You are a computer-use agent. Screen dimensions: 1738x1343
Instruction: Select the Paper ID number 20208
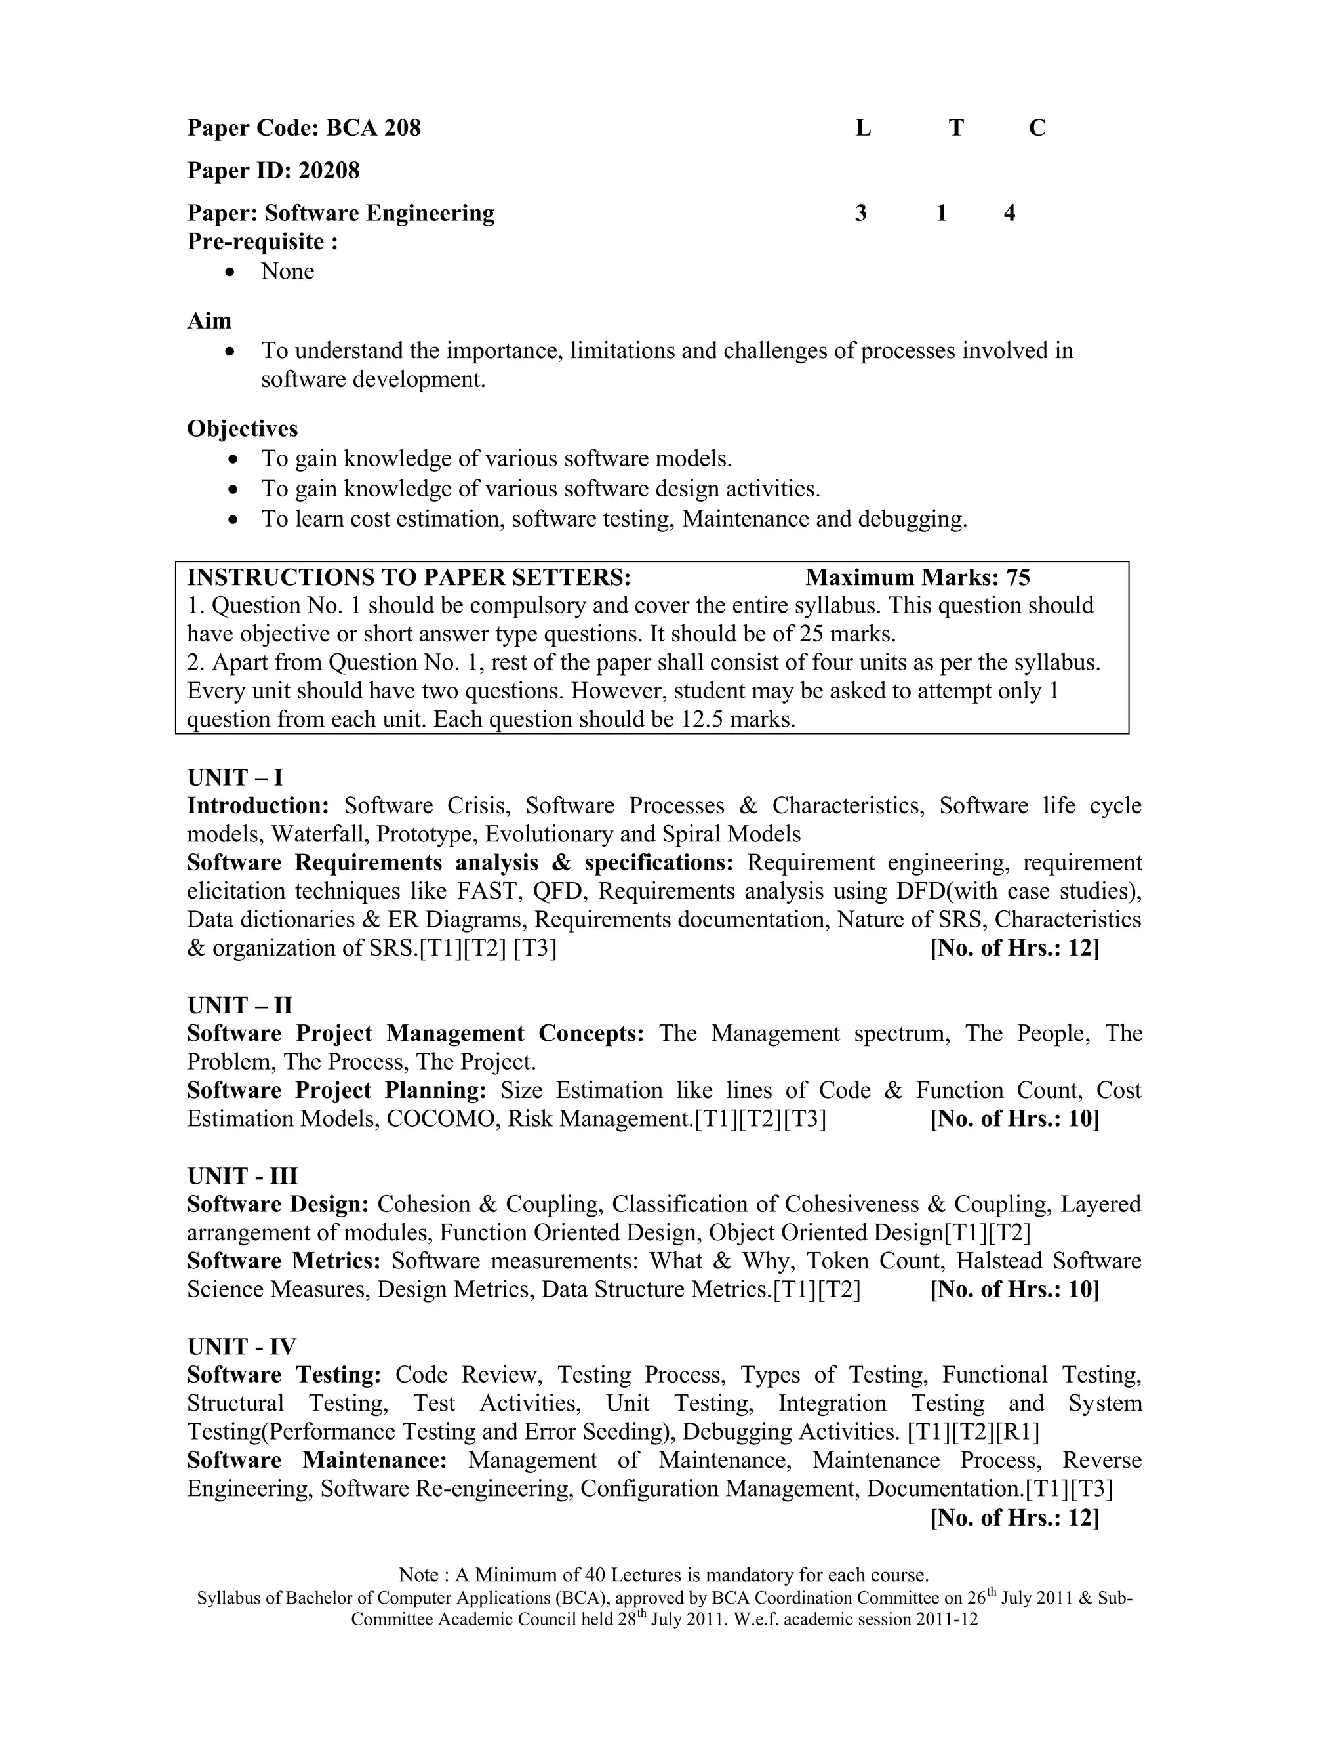click(329, 171)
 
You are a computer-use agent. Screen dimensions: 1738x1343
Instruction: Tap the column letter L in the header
click(863, 128)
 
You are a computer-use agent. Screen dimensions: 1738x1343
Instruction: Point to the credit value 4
click(1009, 213)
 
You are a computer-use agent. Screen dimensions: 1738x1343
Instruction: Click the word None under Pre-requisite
click(287, 272)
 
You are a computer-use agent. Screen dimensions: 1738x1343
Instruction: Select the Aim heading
click(209, 321)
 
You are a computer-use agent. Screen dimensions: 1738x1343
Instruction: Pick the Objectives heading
click(243, 429)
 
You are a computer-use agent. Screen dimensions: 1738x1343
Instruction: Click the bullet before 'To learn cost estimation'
click(231, 519)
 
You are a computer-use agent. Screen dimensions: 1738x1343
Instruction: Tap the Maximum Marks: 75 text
click(917, 577)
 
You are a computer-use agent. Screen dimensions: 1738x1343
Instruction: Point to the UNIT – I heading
click(235, 777)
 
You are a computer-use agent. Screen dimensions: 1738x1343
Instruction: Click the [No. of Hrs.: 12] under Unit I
click(1014, 948)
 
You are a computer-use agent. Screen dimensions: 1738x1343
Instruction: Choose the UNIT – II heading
click(239, 1005)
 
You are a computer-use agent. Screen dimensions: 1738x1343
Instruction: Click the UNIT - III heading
click(242, 1176)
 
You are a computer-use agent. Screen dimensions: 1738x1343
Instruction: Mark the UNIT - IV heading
click(241, 1346)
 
